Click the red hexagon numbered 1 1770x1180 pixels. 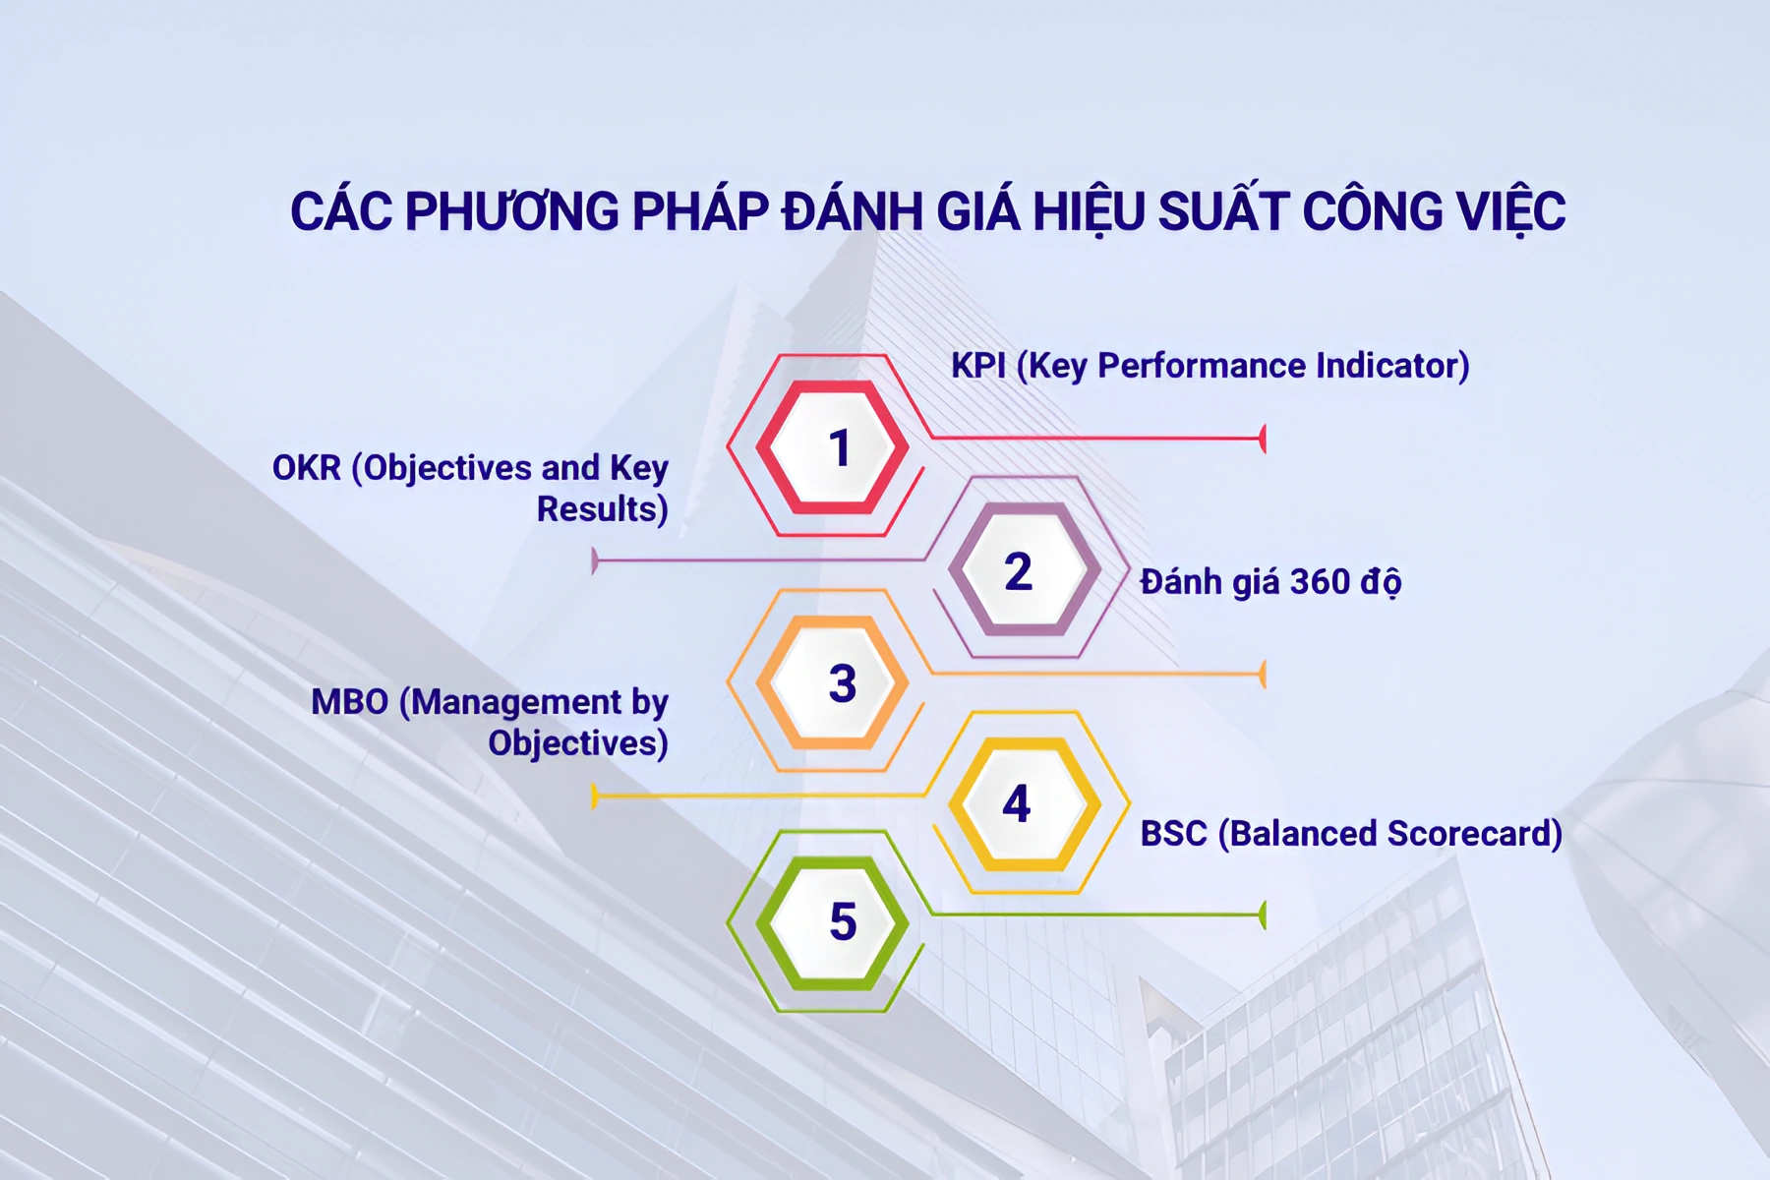[x=833, y=447]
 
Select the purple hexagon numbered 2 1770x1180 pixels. [x=1024, y=569]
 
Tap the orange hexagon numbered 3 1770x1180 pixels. [x=833, y=682]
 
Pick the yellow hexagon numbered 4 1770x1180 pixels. [x=1024, y=803]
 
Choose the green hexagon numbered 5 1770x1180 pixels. [x=833, y=922]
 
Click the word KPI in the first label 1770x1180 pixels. [x=977, y=366]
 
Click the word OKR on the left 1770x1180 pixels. [x=306, y=468]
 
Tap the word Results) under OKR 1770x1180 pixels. [x=602, y=509]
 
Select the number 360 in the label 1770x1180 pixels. [x=1320, y=582]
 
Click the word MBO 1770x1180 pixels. [x=349, y=702]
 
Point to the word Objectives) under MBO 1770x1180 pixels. [x=578, y=743]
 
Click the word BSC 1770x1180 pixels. [x=1173, y=834]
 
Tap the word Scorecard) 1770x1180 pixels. [x=1474, y=834]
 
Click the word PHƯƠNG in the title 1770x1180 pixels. [x=511, y=211]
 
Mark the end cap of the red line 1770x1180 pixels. [x=1263, y=439]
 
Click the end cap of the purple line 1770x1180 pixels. [x=595, y=561]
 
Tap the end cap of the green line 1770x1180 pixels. [x=1263, y=915]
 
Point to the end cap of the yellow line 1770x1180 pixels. [x=595, y=796]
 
